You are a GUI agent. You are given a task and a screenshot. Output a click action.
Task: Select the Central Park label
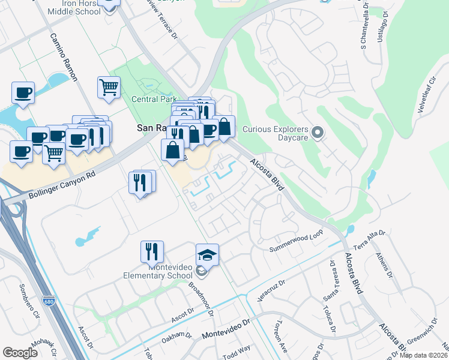(x=154, y=98)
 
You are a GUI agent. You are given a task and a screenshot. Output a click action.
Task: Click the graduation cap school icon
(x=207, y=254)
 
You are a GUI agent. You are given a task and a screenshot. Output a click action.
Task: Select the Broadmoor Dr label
(x=202, y=296)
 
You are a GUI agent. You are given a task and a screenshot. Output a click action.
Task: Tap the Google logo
(x=20, y=353)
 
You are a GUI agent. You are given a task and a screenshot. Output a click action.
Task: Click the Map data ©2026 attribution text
(x=424, y=355)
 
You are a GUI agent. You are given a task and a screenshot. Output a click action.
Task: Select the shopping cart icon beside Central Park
(x=109, y=87)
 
